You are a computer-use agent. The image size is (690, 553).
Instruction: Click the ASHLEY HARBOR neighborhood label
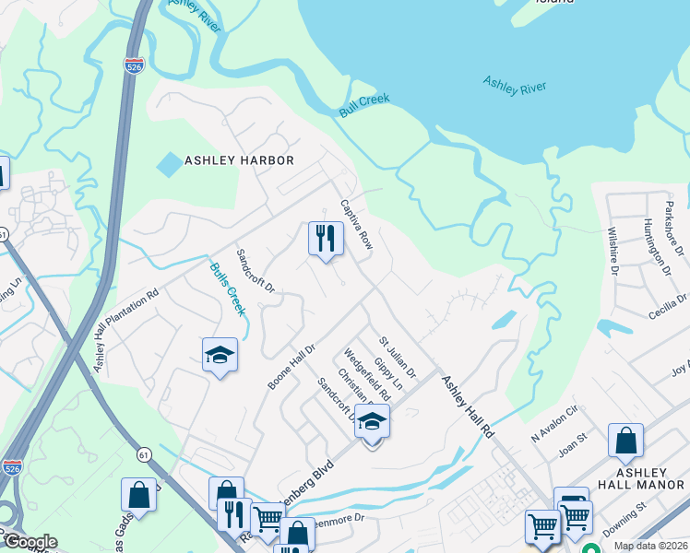(239, 160)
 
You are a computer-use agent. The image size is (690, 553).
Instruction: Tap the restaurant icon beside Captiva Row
(326, 239)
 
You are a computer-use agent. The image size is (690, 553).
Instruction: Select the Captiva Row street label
(355, 224)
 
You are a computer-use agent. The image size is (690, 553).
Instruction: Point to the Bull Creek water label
(364, 105)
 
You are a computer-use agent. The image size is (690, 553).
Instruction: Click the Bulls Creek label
(228, 289)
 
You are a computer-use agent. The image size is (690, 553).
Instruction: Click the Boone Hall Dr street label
(292, 366)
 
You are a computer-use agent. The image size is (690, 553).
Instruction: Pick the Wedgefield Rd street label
(367, 373)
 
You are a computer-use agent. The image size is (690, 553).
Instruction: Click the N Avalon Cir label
(553, 420)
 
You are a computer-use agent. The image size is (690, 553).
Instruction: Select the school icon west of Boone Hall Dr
(220, 355)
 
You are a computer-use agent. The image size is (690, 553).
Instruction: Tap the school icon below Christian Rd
(372, 422)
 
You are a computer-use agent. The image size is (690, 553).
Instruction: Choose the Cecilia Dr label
(668, 306)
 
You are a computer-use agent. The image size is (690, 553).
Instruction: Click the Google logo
(30, 542)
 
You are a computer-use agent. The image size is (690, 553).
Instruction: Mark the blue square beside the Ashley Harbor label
(170, 165)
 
